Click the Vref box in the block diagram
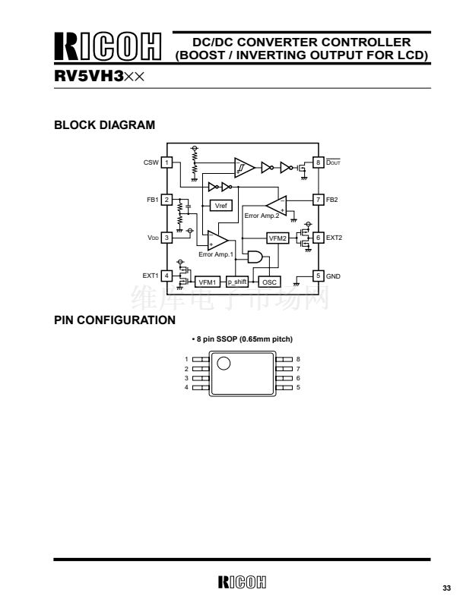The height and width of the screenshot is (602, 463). click(220, 206)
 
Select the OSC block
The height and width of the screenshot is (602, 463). click(269, 282)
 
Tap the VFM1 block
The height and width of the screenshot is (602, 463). click(208, 282)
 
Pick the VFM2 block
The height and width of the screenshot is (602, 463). click(278, 238)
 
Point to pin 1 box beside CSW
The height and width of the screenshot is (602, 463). click(166, 162)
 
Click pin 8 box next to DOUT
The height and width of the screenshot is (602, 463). click(318, 162)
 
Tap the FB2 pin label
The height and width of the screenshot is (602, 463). click(331, 200)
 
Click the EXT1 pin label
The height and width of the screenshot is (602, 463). click(151, 275)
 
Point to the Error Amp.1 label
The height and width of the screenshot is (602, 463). click(215, 254)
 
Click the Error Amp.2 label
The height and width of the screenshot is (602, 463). click(262, 216)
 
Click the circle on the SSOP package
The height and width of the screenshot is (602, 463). click(224, 363)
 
